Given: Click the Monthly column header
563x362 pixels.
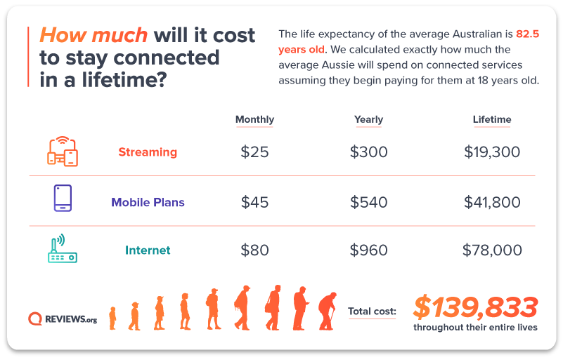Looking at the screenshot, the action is coord(254,119).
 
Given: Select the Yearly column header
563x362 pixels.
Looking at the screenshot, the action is coord(368,119).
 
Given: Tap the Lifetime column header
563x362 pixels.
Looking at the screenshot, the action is coord(492,119).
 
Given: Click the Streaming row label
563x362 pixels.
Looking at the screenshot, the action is coord(148,152).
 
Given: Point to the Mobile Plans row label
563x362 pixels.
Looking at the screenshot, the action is coord(148,202).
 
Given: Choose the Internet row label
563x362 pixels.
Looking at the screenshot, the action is coord(148,250).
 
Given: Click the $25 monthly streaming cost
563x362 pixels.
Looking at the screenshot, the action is coord(254,152).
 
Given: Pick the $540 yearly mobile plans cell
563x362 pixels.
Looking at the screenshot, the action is coord(369,202).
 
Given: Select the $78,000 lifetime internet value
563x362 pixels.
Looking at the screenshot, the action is coord(492,250).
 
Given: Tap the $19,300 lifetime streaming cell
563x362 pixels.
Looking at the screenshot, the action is coord(492,152).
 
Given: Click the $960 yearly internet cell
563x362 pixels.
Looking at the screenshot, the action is coord(369,250).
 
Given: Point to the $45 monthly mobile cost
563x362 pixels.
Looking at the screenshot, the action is coord(254,202).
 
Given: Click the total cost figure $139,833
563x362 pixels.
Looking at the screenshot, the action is coord(475,307).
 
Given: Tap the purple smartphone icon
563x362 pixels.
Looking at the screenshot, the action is coord(63,198).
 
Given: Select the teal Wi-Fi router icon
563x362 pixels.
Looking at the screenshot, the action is coord(63,248).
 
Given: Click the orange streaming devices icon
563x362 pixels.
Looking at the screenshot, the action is coord(63,152).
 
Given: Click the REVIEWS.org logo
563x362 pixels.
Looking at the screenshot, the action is coord(63,319).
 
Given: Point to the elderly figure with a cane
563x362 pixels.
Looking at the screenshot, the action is coord(328,311).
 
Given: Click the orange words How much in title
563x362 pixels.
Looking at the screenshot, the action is coord(93,35).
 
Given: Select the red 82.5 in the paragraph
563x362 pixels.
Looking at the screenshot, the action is coord(527,34).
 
